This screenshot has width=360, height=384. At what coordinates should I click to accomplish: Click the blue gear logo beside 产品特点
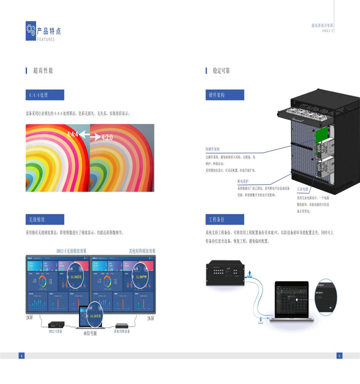point(31,31)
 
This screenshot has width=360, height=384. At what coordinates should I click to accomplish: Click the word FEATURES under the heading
point(46,39)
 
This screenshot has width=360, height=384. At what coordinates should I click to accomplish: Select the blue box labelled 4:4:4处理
point(45,95)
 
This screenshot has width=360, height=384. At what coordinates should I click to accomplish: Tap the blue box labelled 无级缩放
point(45,219)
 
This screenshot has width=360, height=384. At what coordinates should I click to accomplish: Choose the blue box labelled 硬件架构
point(225,95)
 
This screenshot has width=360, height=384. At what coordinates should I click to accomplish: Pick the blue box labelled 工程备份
point(225,219)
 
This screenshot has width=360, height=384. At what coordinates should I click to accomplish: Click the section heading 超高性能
point(43,71)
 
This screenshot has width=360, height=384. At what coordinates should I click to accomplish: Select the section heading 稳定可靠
point(221,71)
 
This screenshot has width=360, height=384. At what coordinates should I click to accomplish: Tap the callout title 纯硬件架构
point(213,150)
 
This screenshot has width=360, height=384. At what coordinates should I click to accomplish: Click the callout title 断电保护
point(244,181)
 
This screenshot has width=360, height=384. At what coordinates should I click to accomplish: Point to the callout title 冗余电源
point(303,190)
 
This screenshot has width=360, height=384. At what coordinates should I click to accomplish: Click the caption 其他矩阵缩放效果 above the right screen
point(142,251)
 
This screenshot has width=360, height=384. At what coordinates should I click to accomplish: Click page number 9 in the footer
point(339,356)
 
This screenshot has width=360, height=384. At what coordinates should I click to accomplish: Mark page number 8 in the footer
point(21,356)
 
